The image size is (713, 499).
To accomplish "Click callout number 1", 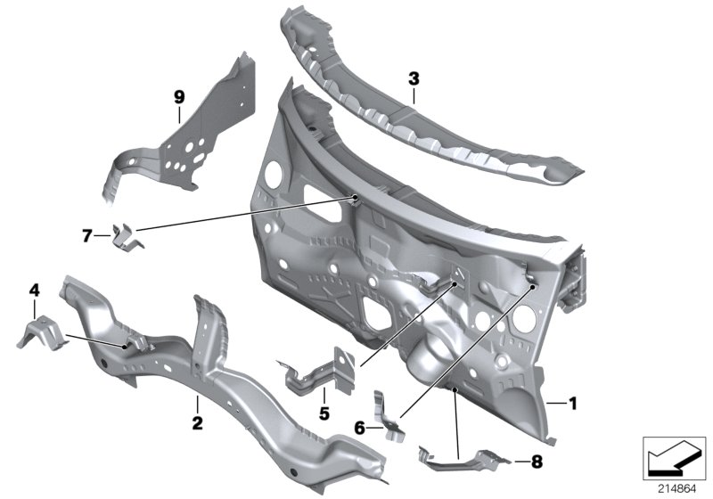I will click(573, 404).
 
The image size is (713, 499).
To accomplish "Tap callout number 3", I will click(414, 79).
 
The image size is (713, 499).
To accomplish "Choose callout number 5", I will click(325, 413).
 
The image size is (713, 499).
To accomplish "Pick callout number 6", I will click(359, 429).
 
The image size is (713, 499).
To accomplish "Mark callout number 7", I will click(87, 236).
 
